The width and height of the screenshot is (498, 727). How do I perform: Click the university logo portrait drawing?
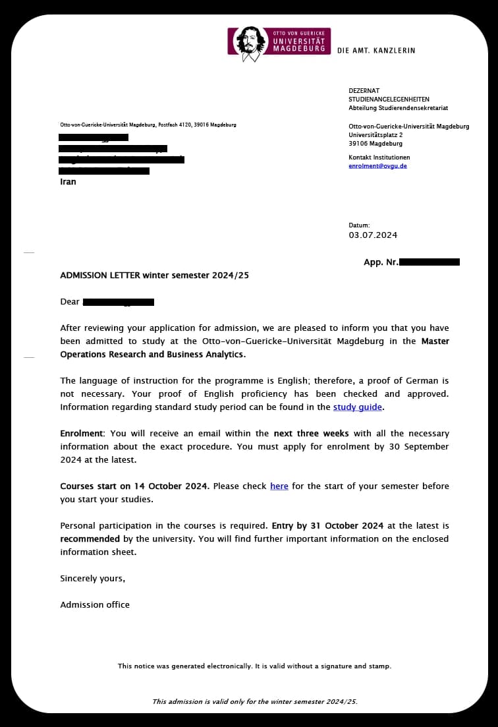pyautogui.click(x=250, y=42)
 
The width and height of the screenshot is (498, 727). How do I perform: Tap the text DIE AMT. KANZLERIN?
pyautogui.click(x=376, y=51)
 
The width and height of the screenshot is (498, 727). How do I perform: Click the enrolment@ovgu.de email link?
pyautogui.click(x=377, y=166)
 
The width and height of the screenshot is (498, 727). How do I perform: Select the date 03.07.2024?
pyautogui.click(x=373, y=235)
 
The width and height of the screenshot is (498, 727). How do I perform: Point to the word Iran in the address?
pyautogui.click(x=68, y=182)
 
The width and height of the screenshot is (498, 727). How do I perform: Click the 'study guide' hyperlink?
pyautogui.click(x=358, y=407)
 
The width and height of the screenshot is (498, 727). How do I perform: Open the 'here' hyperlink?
pyautogui.click(x=279, y=486)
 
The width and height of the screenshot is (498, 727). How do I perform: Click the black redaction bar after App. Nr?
pyautogui.click(x=429, y=262)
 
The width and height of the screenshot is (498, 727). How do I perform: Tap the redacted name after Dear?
pyautogui.click(x=119, y=302)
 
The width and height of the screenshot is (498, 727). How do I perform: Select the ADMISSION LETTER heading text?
pyautogui.click(x=154, y=276)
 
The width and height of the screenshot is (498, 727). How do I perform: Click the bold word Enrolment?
pyautogui.click(x=82, y=434)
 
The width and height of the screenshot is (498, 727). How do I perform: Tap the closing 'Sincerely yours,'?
pyautogui.click(x=92, y=579)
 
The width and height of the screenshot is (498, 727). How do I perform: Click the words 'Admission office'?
pyautogui.click(x=95, y=605)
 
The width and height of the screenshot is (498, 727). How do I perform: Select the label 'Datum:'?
pyautogui.click(x=359, y=225)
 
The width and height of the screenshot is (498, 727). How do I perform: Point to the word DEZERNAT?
pyautogui.click(x=364, y=91)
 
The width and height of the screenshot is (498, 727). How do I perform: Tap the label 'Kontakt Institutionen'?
pyautogui.click(x=379, y=158)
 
